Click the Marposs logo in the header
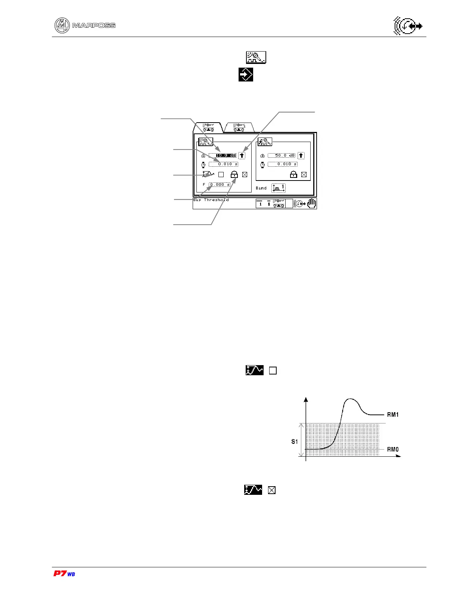85,25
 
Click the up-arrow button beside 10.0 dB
242,155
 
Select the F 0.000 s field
220,185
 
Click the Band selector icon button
279,188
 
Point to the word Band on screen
261,188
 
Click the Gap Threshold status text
211,200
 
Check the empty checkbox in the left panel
221,175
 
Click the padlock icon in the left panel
234,175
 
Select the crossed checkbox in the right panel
304,175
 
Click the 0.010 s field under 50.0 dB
283,164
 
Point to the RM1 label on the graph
393,414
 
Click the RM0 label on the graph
393,449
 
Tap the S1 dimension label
295,442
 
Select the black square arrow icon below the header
246,75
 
